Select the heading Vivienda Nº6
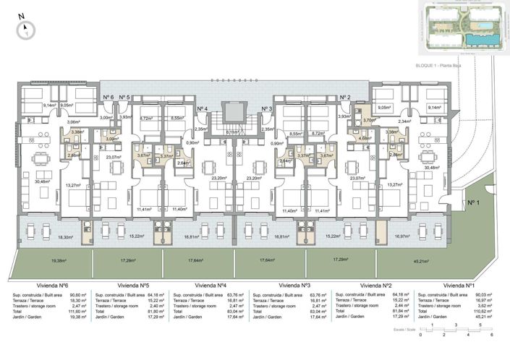tap(45, 286)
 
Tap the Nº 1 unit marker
tap(474, 203)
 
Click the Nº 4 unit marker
tap(203, 108)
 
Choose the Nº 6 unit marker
tap(108, 97)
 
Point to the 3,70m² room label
tap(369, 121)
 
